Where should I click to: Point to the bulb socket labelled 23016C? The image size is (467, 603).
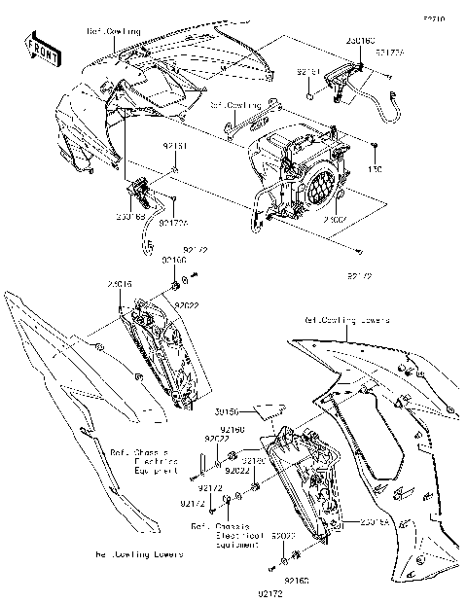tap(339, 82)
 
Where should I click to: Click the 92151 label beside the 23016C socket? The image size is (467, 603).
tap(308, 71)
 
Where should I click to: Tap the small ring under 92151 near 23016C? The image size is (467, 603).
tap(309, 96)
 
